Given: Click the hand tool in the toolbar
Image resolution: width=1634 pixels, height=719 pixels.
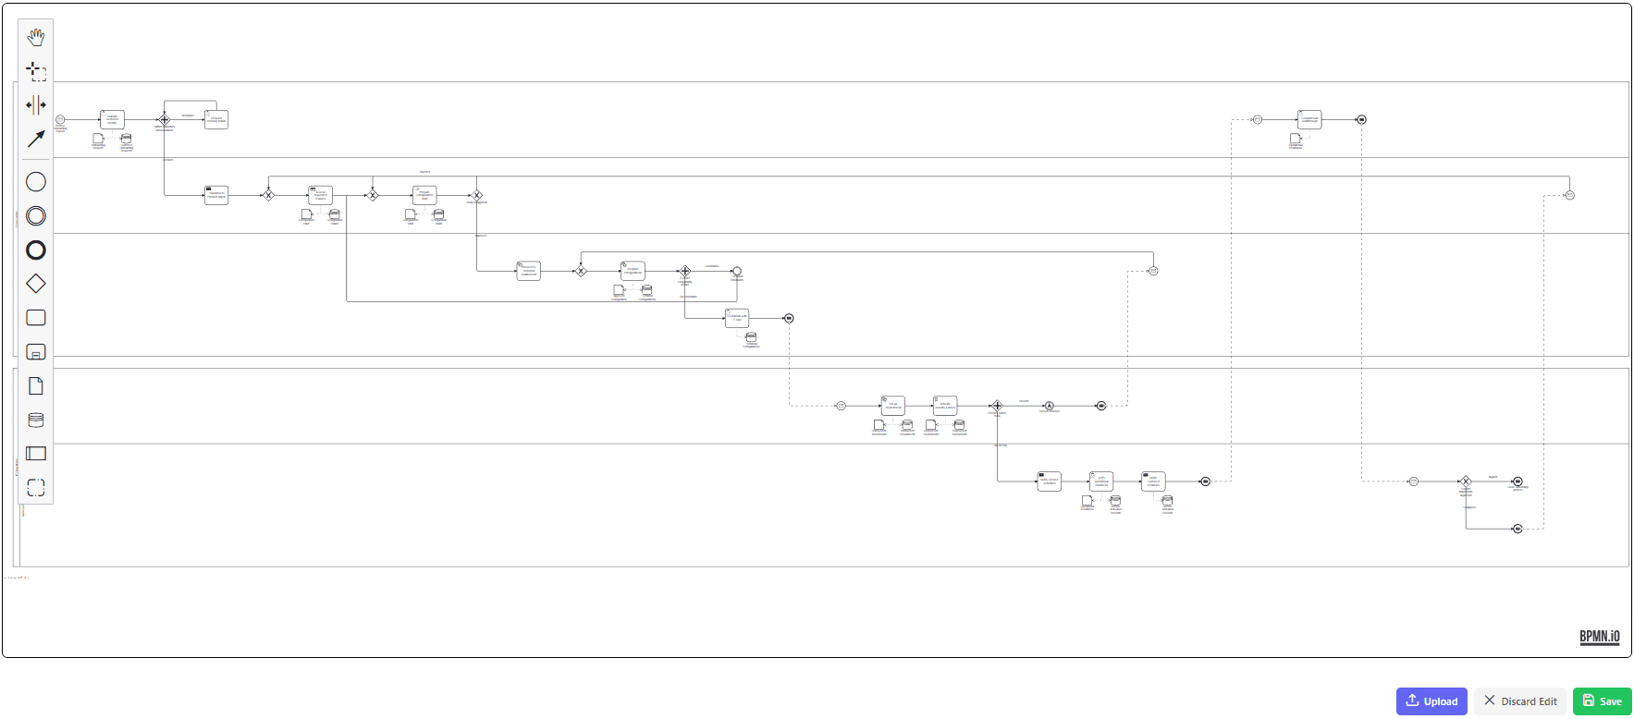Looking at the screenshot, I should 35,37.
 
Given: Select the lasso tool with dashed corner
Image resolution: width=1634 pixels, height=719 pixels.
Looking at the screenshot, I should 35,71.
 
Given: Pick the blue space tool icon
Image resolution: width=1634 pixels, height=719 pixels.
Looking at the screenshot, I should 35,105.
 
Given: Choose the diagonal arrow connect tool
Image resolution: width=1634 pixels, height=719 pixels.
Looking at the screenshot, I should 35,139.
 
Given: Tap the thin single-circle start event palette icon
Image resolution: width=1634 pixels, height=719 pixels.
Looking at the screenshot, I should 35,182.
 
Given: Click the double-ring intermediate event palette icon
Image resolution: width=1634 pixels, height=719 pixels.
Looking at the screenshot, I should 35,215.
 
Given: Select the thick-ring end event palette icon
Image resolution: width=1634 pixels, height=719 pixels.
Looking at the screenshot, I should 35,250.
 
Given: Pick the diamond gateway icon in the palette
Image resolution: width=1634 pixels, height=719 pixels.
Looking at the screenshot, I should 35,284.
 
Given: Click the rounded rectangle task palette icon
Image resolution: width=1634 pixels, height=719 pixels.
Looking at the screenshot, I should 35,318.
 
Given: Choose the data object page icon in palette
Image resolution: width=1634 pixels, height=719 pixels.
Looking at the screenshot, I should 35,386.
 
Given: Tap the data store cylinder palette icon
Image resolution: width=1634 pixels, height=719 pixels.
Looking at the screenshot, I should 35,420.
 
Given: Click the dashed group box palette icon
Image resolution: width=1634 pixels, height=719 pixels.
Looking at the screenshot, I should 35,487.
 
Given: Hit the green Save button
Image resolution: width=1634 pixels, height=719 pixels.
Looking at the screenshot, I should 1602,701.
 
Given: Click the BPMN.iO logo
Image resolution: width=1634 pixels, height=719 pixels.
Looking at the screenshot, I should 1599,637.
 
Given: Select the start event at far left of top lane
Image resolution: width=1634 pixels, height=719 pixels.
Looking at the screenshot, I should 60,119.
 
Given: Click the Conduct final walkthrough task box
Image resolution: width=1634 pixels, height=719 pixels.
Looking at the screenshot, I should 1309,119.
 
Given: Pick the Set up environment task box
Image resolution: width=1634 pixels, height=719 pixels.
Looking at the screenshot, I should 892,405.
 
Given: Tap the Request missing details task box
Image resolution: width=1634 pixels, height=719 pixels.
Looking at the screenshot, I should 216,119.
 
